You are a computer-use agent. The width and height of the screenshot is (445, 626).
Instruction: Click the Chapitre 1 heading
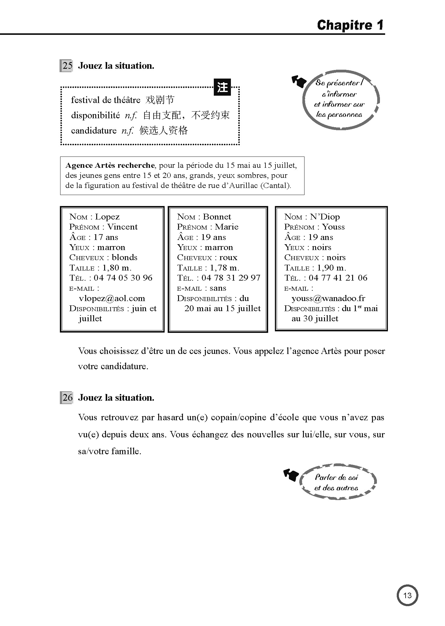[x=350, y=25]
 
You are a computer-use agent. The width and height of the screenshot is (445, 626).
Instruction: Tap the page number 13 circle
[x=407, y=595]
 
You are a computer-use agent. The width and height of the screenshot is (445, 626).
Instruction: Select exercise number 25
[x=67, y=66]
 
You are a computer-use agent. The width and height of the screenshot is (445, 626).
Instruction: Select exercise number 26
[x=67, y=398]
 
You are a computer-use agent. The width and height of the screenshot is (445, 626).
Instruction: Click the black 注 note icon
[x=222, y=87]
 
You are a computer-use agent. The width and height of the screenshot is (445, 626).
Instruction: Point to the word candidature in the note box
[x=94, y=131]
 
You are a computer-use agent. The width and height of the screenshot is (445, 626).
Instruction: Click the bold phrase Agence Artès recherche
[x=110, y=165]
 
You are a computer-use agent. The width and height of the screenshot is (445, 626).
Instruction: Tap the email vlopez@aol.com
[x=112, y=298]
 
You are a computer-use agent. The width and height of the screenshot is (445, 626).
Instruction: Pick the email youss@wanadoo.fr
[x=328, y=298]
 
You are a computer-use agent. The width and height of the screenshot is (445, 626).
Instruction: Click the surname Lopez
[x=107, y=217]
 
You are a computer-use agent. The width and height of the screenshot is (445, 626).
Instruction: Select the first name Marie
[x=226, y=227]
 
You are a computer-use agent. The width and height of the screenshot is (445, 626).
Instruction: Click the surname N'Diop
[x=325, y=217]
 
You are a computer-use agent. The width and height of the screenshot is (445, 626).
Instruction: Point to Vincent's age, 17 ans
[x=106, y=237]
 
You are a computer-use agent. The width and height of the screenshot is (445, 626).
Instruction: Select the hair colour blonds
[x=125, y=257]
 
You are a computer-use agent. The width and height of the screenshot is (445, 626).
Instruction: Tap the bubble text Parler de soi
[x=336, y=477]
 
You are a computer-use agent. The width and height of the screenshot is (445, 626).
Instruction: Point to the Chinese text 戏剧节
[x=160, y=100]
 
